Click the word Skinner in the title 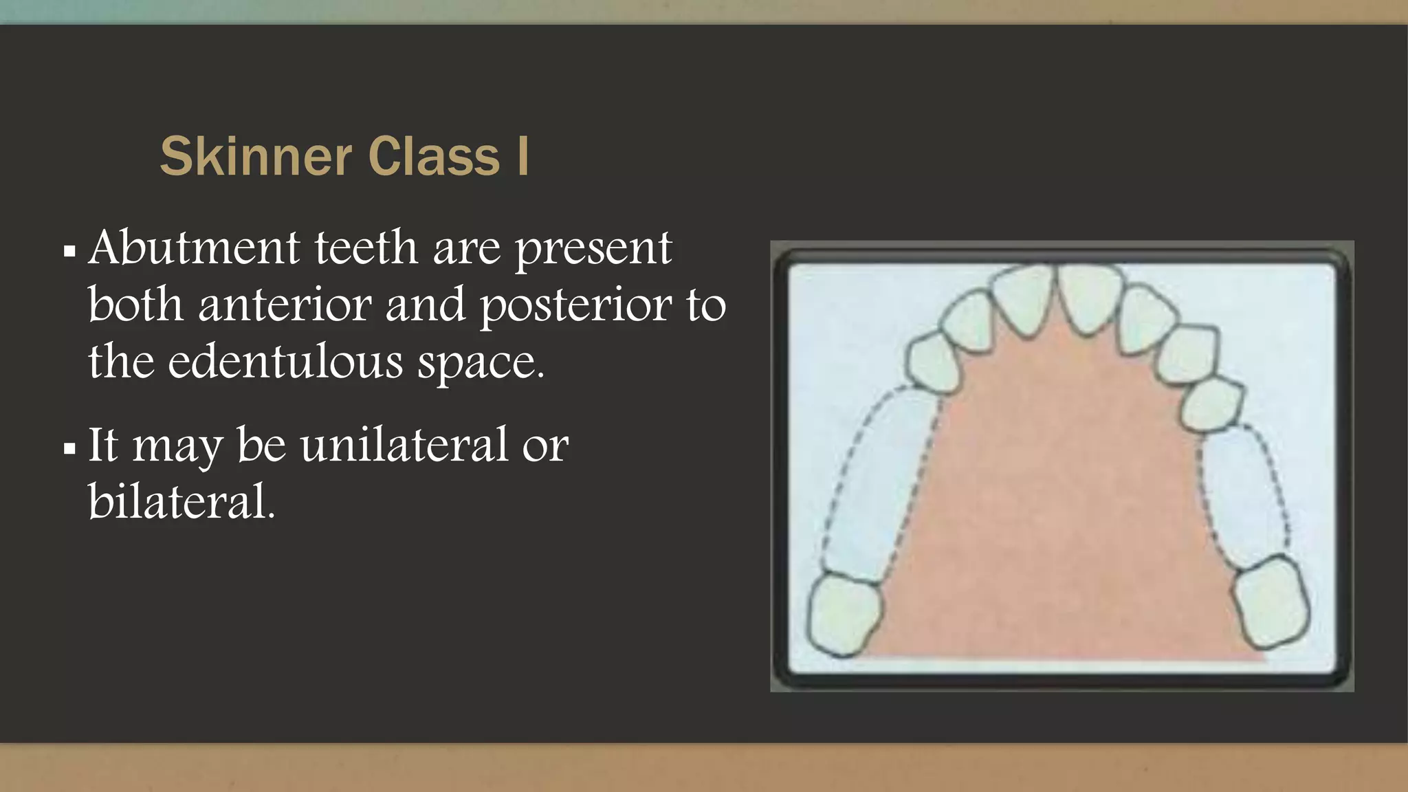[x=256, y=156]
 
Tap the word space [x=481, y=363]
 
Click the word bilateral [x=181, y=501]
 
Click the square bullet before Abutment [x=69, y=251]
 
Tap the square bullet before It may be [x=69, y=449]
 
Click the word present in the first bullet [x=593, y=249]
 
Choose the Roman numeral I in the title [x=522, y=156]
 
